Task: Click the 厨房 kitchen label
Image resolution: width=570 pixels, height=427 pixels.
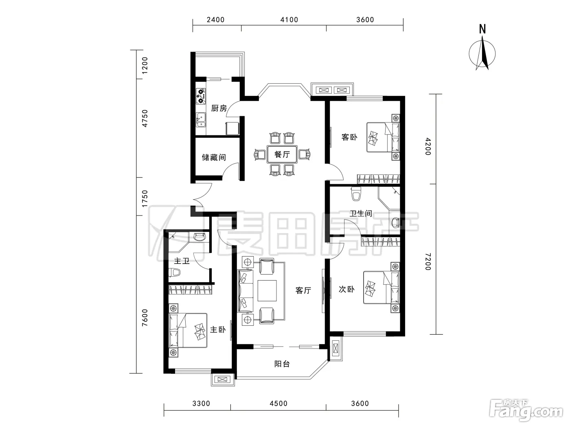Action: [219, 108]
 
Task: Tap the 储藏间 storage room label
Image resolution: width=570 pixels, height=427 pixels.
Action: [214, 157]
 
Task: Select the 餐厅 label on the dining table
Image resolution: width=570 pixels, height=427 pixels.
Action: [282, 155]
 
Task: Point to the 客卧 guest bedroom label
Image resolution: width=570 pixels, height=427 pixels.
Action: [349, 137]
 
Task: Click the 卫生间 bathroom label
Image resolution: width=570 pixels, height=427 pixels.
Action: [361, 213]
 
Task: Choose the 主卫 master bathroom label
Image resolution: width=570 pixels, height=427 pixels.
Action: [182, 261]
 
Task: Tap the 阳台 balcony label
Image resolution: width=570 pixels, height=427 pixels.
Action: [282, 364]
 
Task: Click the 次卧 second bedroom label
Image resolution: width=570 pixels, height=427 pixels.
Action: [346, 289]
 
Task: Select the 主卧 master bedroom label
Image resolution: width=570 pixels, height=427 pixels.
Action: [217, 329]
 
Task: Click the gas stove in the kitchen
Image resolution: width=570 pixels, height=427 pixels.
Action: [201, 96]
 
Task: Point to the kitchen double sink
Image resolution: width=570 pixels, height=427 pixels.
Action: [201, 120]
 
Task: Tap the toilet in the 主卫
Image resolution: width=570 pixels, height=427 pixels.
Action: [174, 272]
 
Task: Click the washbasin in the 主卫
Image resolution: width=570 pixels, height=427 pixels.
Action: [199, 237]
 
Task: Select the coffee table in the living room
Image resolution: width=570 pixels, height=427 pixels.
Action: [267, 290]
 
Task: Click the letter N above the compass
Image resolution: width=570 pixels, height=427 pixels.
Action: [482, 29]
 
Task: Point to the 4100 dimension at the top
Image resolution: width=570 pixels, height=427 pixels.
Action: [289, 20]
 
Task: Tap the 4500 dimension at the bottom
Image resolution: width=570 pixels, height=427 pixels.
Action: [278, 403]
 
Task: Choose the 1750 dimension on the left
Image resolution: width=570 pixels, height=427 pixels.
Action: [145, 198]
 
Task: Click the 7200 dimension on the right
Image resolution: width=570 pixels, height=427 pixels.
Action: [428, 261]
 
